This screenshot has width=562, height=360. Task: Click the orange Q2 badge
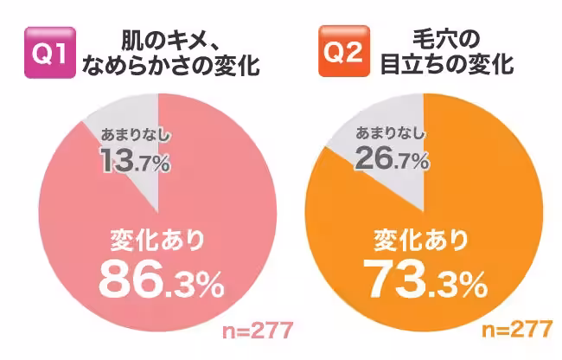tap(342, 53)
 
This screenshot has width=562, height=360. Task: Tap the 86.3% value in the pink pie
tap(161, 278)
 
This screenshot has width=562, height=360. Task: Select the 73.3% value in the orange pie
tap(423, 278)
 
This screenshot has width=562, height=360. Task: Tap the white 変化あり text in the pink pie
tap(160, 239)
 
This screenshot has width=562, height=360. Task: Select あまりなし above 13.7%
tap(135, 134)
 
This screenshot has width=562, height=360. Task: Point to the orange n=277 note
tap(517, 331)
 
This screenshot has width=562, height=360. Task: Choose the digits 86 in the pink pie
tap(131, 278)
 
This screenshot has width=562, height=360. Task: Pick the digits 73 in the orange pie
tap(393, 278)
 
